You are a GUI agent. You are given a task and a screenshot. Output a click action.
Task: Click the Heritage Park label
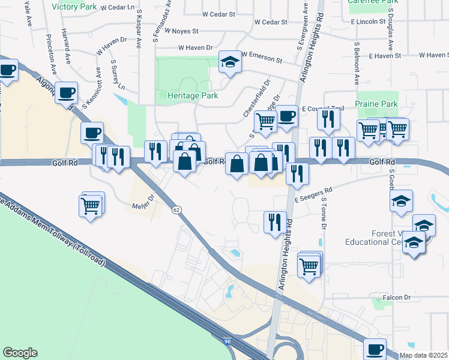point(188,95)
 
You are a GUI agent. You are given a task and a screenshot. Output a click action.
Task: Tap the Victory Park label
point(74,7)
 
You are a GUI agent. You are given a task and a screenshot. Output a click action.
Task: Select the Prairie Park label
point(376,104)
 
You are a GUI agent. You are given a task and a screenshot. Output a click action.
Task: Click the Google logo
point(20,353)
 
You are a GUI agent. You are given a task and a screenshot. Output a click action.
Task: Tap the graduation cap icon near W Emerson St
point(229,62)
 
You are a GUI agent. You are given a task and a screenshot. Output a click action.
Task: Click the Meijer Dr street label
point(143,202)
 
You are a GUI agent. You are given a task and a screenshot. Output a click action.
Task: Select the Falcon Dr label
point(397,298)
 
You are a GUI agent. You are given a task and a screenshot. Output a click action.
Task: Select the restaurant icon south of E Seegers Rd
point(275,221)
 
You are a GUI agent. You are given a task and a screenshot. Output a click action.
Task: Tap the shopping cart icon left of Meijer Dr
point(91,206)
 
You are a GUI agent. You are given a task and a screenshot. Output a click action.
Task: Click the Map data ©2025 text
point(423,355)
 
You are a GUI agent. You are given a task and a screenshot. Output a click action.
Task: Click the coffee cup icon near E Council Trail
point(286,116)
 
